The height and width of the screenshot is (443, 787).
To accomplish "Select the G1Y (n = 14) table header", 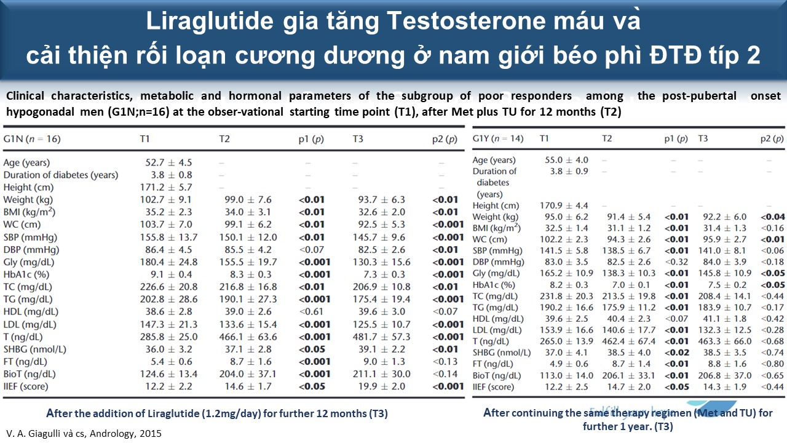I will point(498,138).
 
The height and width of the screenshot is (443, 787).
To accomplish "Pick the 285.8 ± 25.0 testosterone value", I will point(169,337).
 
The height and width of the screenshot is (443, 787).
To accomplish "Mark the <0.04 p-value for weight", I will point(772,217).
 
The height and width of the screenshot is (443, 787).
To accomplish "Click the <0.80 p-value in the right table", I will point(772,364).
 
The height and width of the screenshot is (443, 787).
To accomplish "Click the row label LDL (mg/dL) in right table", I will point(499,330).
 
